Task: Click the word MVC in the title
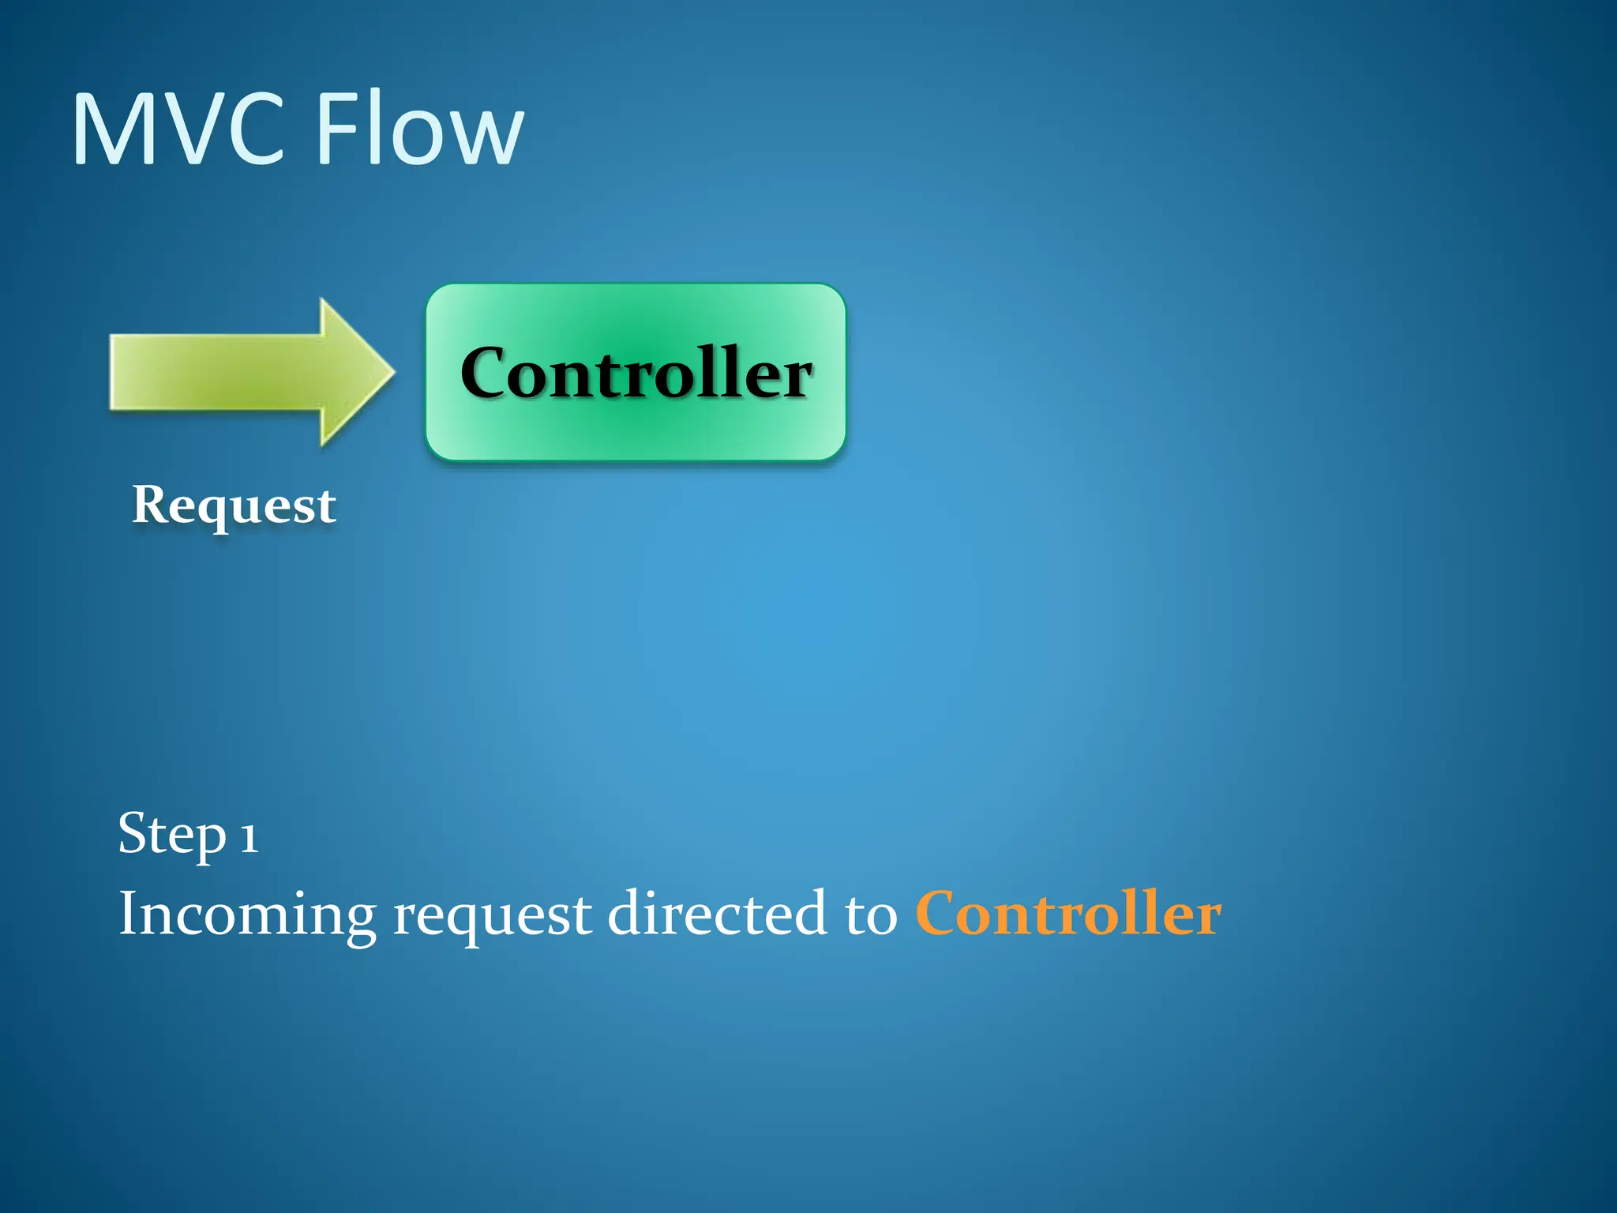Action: [178, 129]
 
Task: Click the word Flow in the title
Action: [419, 129]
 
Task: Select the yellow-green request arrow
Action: [237, 372]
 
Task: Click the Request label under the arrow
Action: [234, 505]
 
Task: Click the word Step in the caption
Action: [172, 834]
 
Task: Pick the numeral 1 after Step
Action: [249, 837]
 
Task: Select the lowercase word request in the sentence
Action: [492, 916]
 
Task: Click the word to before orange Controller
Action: [871, 914]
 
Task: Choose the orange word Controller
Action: [1068, 913]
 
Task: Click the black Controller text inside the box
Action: [636, 373]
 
